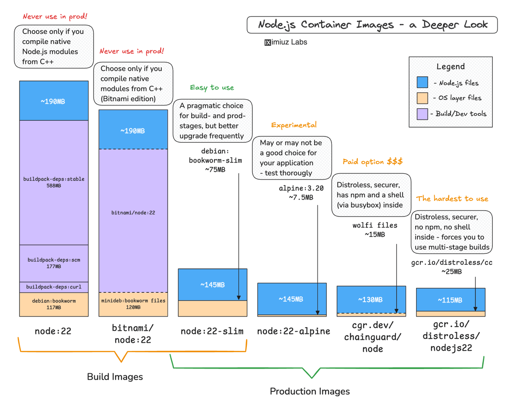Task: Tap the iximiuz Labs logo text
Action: (286, 42)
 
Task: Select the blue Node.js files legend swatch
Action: (422, 83)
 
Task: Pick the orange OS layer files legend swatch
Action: (422, 98)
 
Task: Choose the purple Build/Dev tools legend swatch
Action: (422, 114)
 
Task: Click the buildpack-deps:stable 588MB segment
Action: (54, 182)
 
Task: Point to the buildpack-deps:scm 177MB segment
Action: (54, 263)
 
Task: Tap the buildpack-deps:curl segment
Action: (54, 287)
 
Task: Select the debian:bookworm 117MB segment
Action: (54, 304)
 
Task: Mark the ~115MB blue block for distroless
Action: (450, 300)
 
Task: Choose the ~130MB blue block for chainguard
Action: (371, 299)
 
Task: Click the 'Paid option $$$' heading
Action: (373, 162)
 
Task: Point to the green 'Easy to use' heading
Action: (212, 88)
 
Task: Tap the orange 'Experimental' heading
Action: (294, 125)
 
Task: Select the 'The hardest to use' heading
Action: (452, 198)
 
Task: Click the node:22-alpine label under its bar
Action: (293, 331)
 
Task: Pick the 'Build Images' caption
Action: (115, 377)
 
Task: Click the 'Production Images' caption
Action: (310, 391)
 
